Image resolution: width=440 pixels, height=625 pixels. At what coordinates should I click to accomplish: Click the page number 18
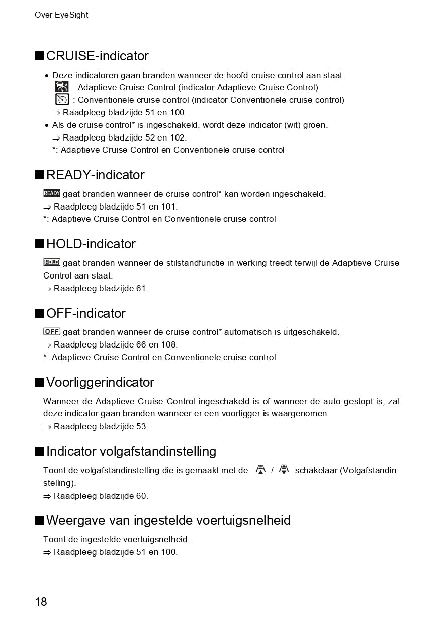(41, 601)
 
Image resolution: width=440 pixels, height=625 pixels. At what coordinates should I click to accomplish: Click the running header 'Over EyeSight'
(61, 15)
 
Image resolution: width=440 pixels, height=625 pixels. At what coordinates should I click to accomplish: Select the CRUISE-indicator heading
(97, 56)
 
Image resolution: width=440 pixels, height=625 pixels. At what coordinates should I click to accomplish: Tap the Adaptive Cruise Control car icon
(62, 87)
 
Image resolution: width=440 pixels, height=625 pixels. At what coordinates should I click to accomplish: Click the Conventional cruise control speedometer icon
(62, 99)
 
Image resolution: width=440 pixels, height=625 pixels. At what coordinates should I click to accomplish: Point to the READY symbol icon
(52, 193)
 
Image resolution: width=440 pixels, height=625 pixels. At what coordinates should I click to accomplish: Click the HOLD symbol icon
(52, 262)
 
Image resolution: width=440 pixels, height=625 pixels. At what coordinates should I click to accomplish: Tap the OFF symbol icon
(52, 331)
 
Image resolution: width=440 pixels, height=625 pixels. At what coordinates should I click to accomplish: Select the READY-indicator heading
(95, 175)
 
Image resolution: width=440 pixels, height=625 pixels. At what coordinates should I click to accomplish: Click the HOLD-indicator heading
(91, 244)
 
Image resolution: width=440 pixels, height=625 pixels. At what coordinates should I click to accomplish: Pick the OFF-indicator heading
(85, 313)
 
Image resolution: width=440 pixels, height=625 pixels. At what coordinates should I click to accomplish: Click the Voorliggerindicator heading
(100, 382)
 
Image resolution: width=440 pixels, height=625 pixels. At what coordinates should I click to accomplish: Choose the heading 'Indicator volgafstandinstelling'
(131, 451)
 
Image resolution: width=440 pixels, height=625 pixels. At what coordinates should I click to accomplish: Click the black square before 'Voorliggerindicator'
(39, 382)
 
